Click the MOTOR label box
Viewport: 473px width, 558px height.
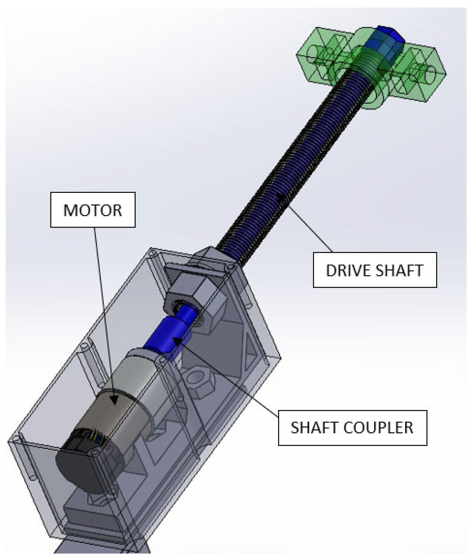pyautogui.click(x=93, y=210)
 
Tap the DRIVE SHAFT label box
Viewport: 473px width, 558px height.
pyautogui.click(x=375, y=270)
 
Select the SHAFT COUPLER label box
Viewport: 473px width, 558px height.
pyautogui.click(x=352, y=427)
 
